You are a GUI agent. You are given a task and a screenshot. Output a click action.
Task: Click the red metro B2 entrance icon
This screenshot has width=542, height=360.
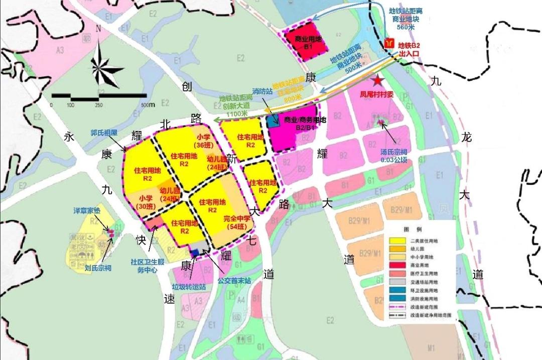coord(389,44)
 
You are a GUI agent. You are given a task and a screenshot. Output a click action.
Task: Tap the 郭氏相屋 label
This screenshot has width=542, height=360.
coord(103,133)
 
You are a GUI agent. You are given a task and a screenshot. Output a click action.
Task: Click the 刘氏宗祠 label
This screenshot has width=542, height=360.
coord(98,268)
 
